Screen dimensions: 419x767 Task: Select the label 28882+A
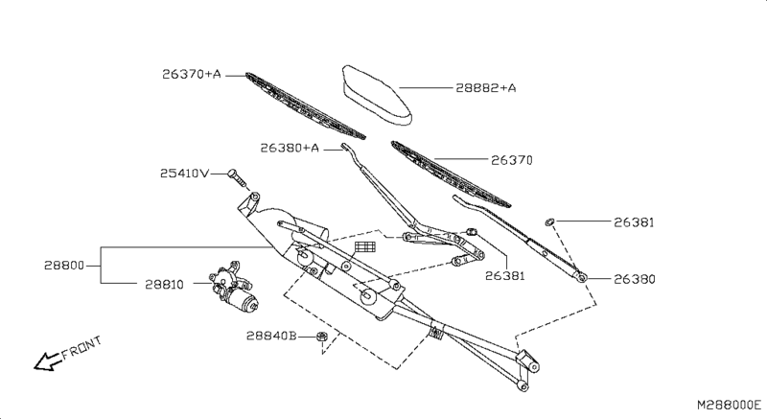click(x=485, y=88)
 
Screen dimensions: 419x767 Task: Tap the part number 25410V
click(x=184, y=174)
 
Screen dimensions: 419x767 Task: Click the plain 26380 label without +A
click(x=636, y=280)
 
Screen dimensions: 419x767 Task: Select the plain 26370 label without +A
click(x=512, y=160)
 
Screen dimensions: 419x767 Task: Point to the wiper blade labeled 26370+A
click(x=305, y=105)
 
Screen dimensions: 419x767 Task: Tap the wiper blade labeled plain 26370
click(x=451, y=174)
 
